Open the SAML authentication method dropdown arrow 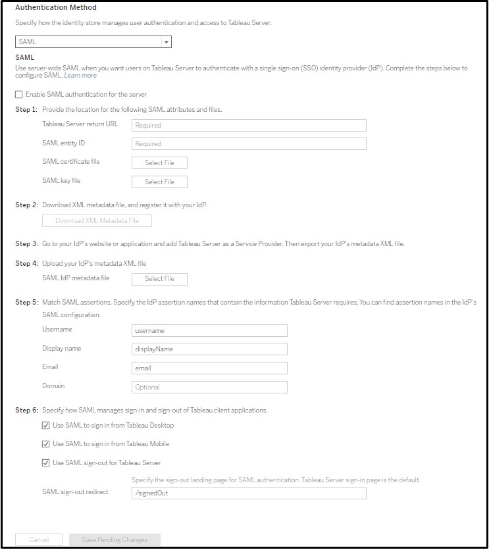(x=167, y=42)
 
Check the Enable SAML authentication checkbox (x=19, y=95)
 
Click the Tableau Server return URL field (x=249, y=125)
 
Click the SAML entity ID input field (x=249, y=143)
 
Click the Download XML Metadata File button (x=97, y=221)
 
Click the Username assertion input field (x=209, y=331)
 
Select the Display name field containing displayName (x=209, y=349)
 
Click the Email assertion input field (x=209, y=368)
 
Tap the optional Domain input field (x=209, y=387)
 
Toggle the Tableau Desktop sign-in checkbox (x=46, y=426)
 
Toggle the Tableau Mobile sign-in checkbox (x=46, y=444)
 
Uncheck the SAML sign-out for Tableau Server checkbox (x=46, y=463)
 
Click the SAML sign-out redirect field (x=249, y=493)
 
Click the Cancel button (x=39, y=540)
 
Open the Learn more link (x=80, y=76)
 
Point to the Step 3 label (x=26, y=243)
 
